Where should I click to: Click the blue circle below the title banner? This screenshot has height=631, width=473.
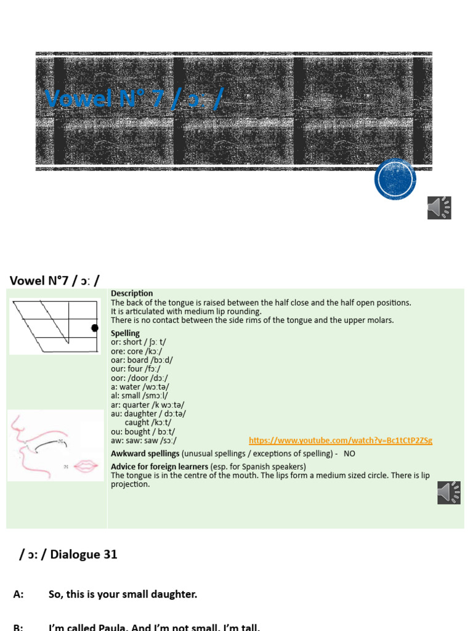click(x=395, y=179)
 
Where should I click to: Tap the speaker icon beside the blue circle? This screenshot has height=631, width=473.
click(x=439, y=208)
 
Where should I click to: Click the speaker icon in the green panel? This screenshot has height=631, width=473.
click(x=449, y=492)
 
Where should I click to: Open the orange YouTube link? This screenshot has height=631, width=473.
click(x=341, y=441)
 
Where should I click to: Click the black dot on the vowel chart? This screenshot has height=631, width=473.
click(x=95, y=328)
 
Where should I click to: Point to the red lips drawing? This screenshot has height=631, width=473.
click(x=85, y=465)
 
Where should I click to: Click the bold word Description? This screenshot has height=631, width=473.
click(x=132, y=293)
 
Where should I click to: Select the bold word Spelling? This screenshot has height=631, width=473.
click(x=125, y=333)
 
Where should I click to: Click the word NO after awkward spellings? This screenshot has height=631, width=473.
click(x=349, y=454)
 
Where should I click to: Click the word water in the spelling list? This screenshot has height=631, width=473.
click(x=131, y=386)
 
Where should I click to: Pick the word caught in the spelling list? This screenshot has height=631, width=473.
click(x=137, y=423)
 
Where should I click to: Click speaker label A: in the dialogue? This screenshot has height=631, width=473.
click(x=18, y=595)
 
